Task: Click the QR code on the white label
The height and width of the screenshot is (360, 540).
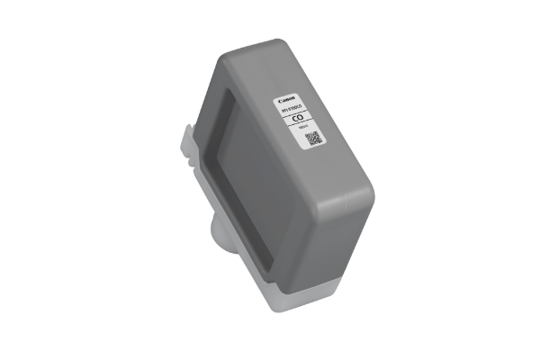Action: tap(312, 139)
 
